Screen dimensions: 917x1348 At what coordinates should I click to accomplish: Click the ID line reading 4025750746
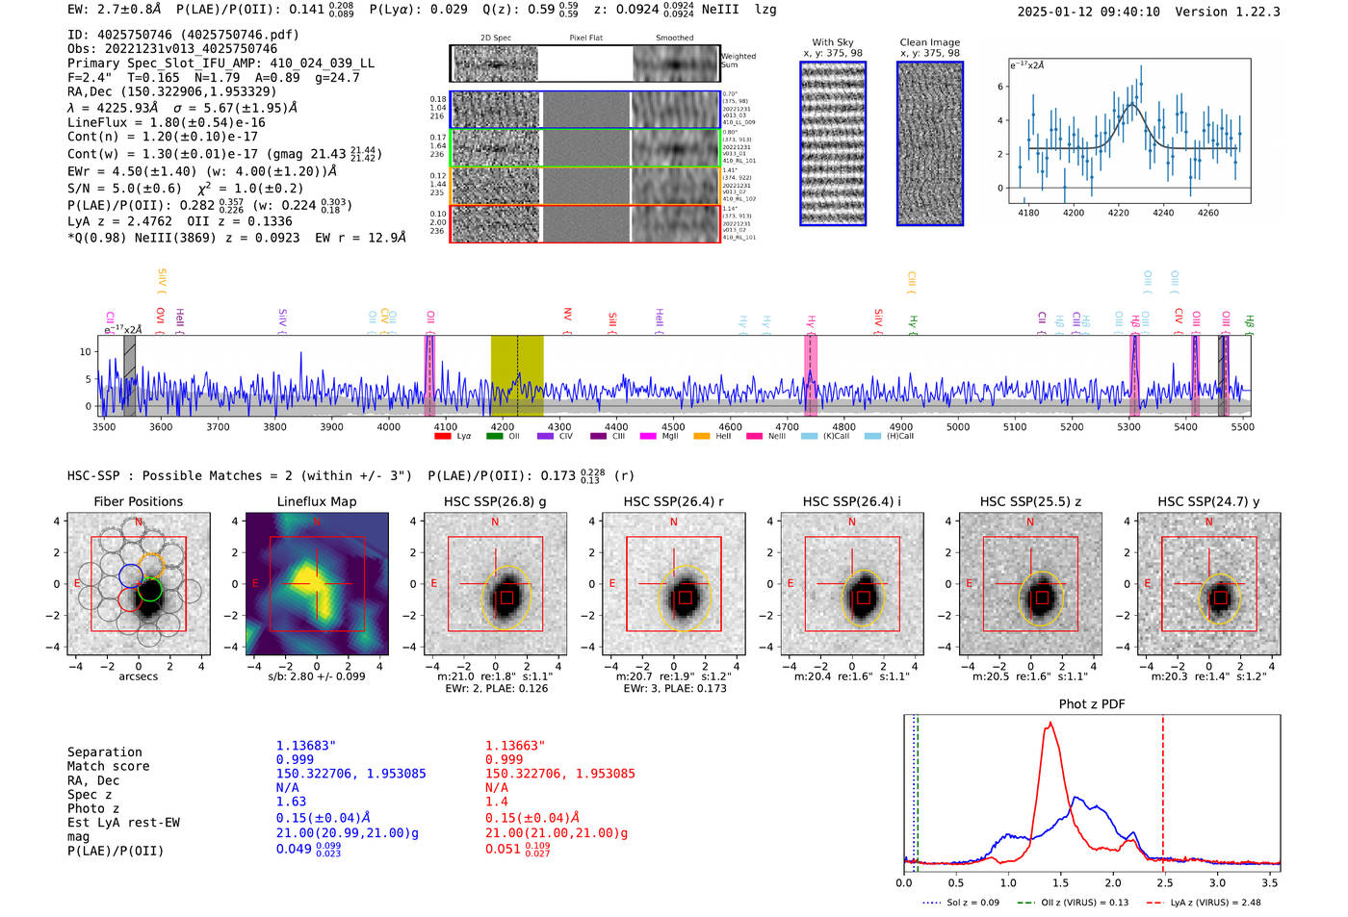[x=183, y=35]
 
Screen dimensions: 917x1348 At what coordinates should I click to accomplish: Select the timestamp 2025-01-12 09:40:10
[x=1088, y=12]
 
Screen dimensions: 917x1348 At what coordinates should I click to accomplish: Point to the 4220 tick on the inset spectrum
[x=1118, y=213]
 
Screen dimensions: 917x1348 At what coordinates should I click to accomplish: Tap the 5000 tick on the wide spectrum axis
[x=958, y=426]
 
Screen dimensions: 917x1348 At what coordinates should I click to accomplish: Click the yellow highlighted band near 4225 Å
[x=517, y=375]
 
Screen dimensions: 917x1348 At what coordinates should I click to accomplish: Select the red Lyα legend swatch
[x=443, y=437]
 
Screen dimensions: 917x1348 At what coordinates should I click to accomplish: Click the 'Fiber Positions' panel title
[x=138, y=501]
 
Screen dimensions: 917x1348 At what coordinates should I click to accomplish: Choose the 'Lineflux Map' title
[x=316, y=501]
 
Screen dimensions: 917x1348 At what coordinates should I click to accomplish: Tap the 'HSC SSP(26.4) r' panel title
[x=673, y=501]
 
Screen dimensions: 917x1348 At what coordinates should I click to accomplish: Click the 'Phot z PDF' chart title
[x=1092, y=704]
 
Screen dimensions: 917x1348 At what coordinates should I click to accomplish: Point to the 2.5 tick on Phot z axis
[x=1163, y=881]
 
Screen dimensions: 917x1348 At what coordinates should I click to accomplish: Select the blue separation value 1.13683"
[x=306, y=746]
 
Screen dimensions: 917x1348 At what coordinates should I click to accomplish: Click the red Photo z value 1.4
[x=496, y=802]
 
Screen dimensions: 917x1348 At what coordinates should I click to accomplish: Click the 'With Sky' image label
[x=832, y=42]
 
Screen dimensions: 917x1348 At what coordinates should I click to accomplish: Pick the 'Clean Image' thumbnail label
[x=929, y=42]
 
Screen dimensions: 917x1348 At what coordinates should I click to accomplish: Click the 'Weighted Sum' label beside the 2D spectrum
[x=738, y=61]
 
